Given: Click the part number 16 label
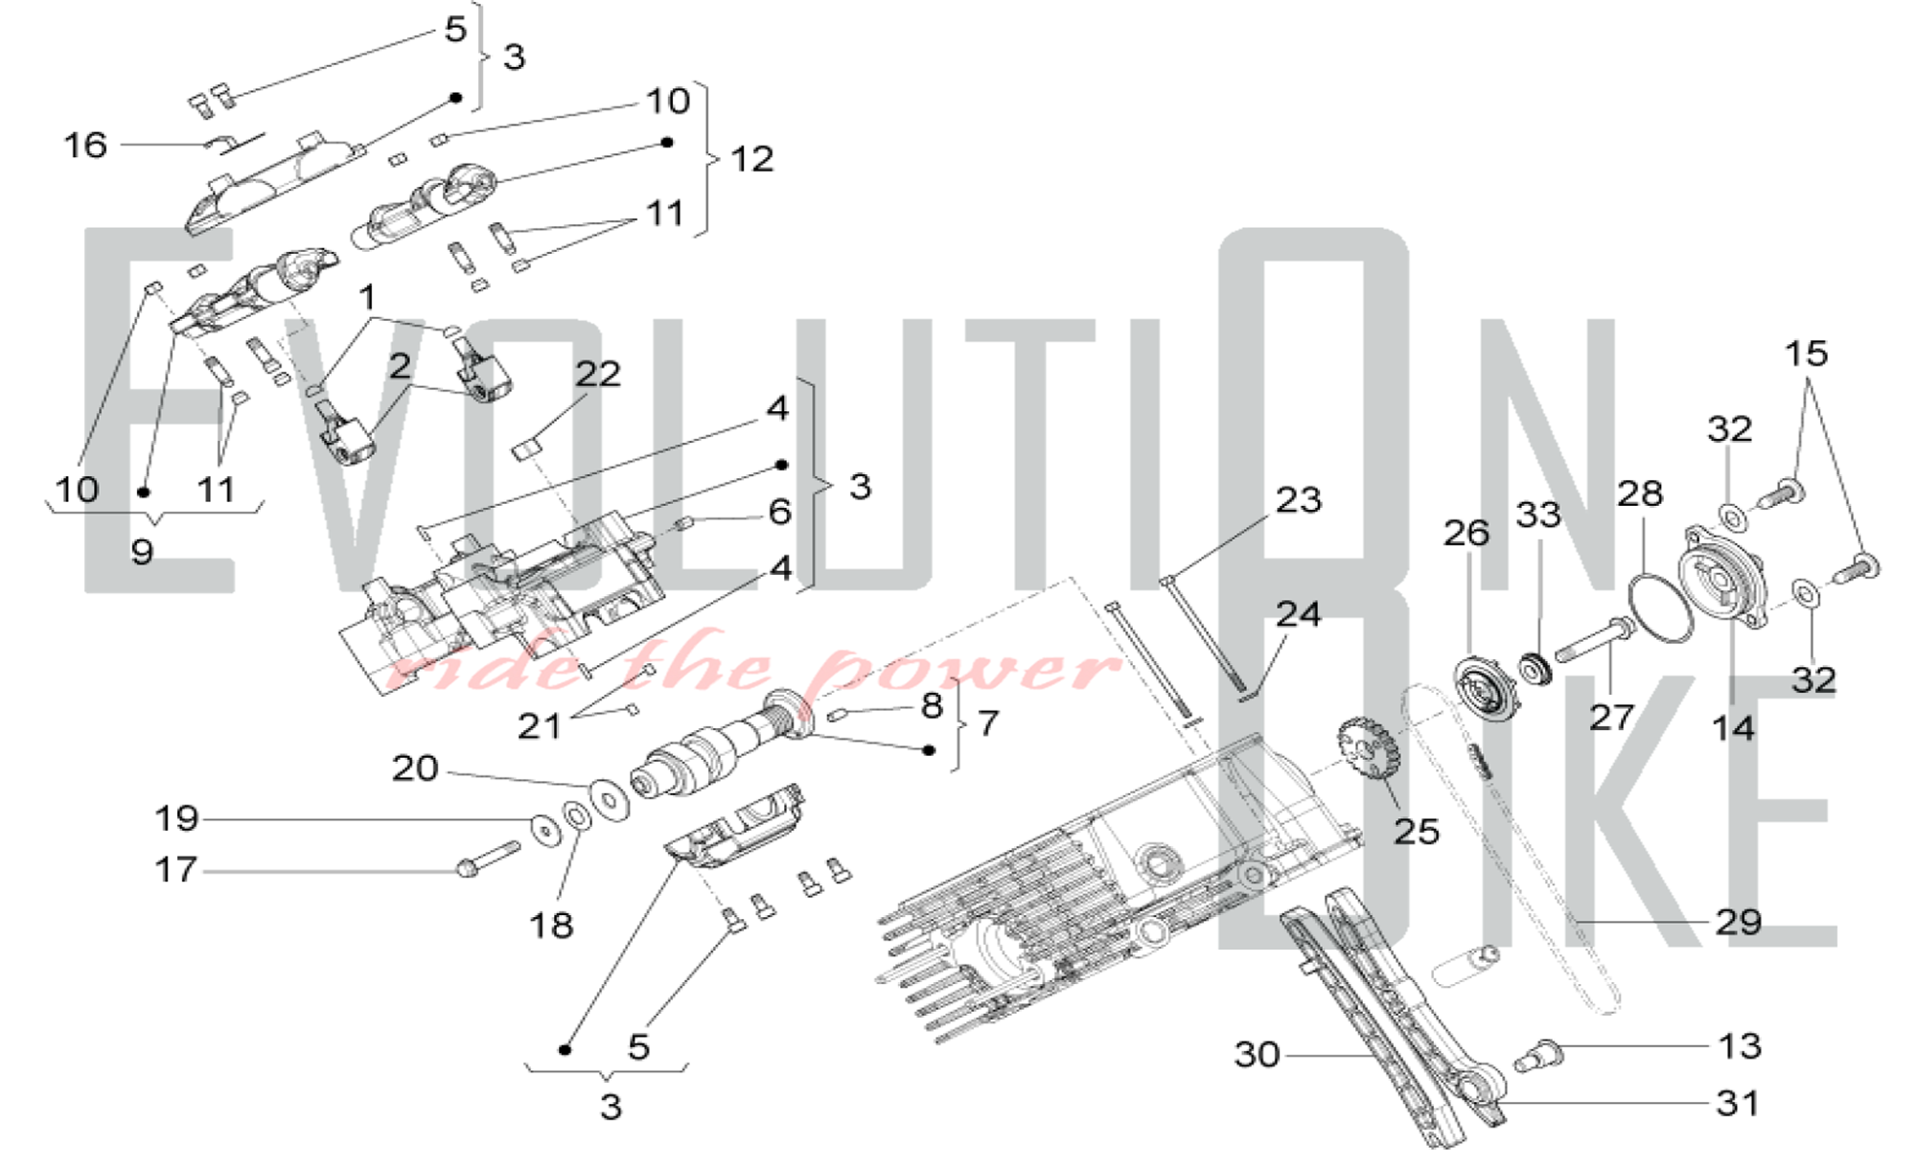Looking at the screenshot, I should click(x=84, y=146).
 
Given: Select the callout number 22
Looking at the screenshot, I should click(x=597, y=374).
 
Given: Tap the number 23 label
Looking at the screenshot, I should click(x=1298, y=500).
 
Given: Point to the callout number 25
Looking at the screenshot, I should click(x=1416, y=832).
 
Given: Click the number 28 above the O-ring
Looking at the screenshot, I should click(x=1639, y=494).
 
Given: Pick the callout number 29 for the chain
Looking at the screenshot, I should click(x=1738, y=922).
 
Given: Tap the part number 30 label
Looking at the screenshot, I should click(x=1257, y=1055).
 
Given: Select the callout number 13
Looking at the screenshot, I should click(x=1739, y=1045).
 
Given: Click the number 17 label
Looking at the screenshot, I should click(x=175, y=870).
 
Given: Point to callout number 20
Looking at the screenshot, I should click(x=414, y=768).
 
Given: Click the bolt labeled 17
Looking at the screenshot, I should click(x=489, y=859).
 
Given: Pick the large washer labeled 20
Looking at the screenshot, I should click(x=609, y=799).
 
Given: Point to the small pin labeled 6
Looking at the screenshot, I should click(x=685, y=522).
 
